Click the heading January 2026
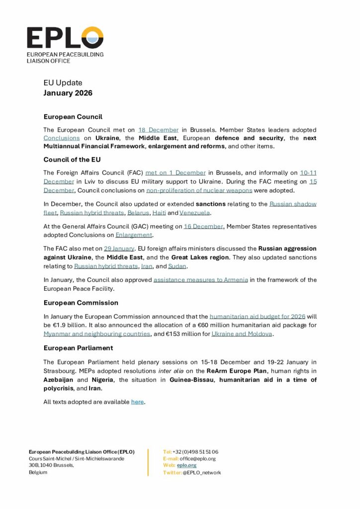[x=68, y=93]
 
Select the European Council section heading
[x=73, y=117]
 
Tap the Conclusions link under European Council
[x=62, y=138]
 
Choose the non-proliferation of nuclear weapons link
[x=199, y=190]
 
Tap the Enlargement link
[x=134, y=235]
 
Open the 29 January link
[x=119, y=248]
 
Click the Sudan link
[x=177, y=266]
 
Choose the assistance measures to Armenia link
[x=200, y=280]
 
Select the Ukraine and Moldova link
[x=242, y=334]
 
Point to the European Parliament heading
[x=78, y=348]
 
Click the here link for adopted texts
[x=137, y=402]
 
